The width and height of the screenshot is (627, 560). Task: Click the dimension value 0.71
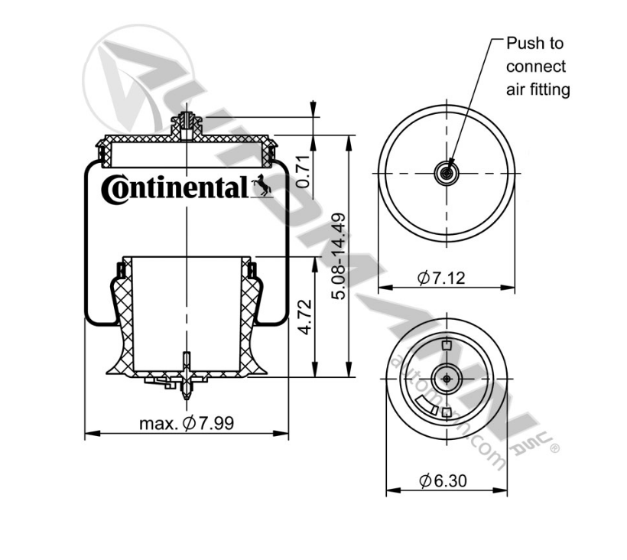pos(303,171)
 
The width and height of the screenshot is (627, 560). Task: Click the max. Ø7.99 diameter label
pos(187,422)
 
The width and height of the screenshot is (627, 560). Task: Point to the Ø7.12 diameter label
pos(441,277)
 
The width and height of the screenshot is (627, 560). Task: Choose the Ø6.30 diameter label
pos(443,480)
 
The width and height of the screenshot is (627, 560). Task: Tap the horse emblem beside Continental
pos(262,186)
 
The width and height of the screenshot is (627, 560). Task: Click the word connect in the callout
pos(536,67)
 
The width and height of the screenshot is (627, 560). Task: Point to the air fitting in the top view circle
pos(446,174)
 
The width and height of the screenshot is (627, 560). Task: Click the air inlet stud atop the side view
pos(187,124)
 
